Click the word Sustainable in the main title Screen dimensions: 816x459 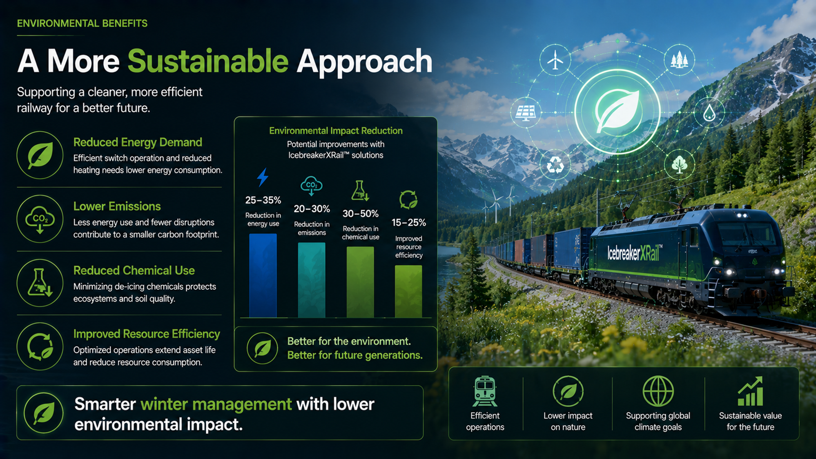point(208,61)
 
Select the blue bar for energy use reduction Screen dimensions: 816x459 point(263,275)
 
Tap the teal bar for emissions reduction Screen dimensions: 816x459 point(312,280)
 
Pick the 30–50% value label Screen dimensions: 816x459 point(360,213)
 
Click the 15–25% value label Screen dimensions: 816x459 point(409,222)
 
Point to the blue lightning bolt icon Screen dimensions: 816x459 point(263,177)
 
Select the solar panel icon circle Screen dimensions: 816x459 point(526,112)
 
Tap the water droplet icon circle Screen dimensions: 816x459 point(709,112)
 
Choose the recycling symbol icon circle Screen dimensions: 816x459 point(555,165)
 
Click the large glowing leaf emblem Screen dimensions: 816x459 point(617,111)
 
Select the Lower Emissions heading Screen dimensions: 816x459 point(117,206)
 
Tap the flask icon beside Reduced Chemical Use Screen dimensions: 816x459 point(40,283)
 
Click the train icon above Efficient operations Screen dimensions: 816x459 point(485,391)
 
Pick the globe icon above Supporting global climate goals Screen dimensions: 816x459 point(658,391)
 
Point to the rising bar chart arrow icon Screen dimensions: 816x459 point(750,391)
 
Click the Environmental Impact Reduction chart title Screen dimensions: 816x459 point(336,131)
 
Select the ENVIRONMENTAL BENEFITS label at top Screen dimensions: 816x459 point(82,23)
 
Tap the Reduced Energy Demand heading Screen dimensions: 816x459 point(138,142)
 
